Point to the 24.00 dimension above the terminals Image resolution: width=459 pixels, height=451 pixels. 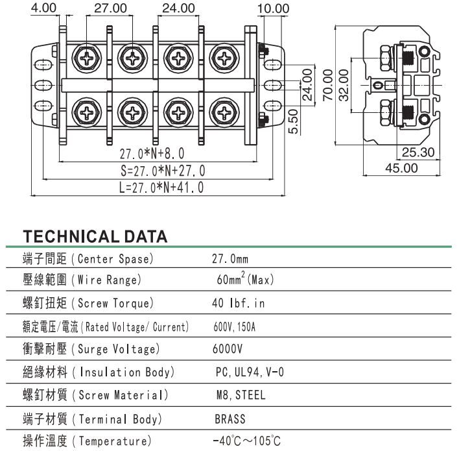point(178,8)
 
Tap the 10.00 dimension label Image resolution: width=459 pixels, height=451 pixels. point(272,8)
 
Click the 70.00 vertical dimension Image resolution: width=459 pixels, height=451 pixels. point(328,85)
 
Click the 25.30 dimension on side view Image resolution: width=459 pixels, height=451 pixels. point(418,153)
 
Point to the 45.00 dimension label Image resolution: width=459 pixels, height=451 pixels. point(402,168)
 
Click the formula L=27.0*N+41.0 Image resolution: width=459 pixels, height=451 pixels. point(162,188)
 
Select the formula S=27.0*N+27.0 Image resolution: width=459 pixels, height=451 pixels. point(163,171)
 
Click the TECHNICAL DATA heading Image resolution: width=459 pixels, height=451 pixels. point(95,236)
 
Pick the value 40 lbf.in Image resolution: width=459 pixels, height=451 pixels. point(239,304)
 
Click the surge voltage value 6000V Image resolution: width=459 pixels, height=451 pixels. point(227,349)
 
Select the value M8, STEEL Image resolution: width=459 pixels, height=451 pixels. point(241,395)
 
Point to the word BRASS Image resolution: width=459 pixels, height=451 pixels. point(230,419)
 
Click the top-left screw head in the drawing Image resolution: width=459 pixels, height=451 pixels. point(86,57)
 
